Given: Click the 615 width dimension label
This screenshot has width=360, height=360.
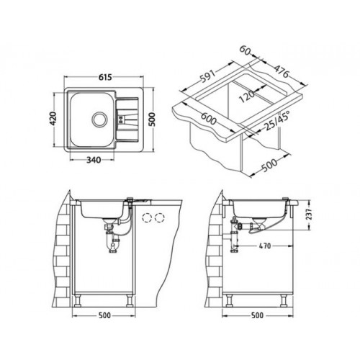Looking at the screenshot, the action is click(x=105, y=77).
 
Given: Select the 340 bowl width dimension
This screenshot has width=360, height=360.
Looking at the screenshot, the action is click(x=94, y=160).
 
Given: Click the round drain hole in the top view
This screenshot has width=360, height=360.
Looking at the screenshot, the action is click(x=99, y=119).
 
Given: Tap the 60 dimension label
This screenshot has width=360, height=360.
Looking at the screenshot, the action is click(x=246, y=50).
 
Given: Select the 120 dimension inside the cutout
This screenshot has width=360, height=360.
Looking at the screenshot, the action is click(x=247, y=96).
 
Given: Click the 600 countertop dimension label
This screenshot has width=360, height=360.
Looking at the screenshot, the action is click(x=208, y=119).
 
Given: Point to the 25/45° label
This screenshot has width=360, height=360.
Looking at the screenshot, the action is click(x=276, y=121).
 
